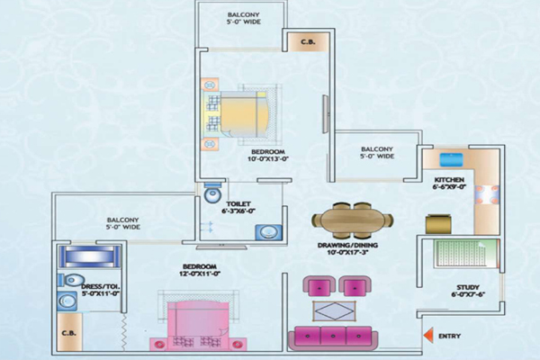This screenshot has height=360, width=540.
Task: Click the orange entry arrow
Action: (430, 336)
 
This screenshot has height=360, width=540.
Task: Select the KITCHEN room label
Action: (448, 181)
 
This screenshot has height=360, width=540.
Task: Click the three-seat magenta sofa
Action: (334, 337)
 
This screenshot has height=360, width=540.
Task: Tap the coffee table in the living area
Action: (333, 311)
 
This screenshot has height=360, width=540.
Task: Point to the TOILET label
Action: (238, 203)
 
